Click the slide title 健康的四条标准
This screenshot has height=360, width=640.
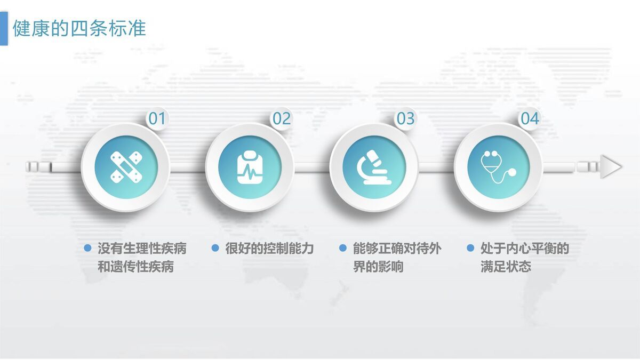pyautogui.click(x=79, y=28)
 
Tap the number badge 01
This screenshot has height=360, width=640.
pyautogui.click(x=157, y=118)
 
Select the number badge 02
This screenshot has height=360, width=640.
pyautogui.click(x=282, y=118)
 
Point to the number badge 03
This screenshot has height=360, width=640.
pyautogui.click(x=405, y=118)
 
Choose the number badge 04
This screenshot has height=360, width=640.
pyautogui.click(x=530, y=118)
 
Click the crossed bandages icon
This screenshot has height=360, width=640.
pyautogui.click(x=126, y=167)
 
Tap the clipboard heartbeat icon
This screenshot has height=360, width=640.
pyautogui.click(x=250, y=167)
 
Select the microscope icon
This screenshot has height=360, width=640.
pyautogui.click(x=374, y=167)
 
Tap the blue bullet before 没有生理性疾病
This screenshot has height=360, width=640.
pyautogui.click(x=87, y=248)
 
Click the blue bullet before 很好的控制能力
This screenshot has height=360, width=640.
pyautogui.click(x=215, y=248)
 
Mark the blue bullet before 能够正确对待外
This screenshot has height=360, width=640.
pyautogui.click(x=343, y=248)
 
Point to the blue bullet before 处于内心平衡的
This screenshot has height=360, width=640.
pyautogui.click(x=470, y=248)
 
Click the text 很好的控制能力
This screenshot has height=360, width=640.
pyautogui.click(x=269, y=249)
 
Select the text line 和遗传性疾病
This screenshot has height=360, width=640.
pyautogui.click(x=135, y=267)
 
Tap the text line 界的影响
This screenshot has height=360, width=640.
pyautogui.click(x=378, y=267)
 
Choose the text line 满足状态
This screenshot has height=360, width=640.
pyautogui.click(x=506, y=267)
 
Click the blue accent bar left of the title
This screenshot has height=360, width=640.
pyautogui.click(x=4, y=28)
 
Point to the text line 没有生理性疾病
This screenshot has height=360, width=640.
pyautogui.click(x=142, y=249)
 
